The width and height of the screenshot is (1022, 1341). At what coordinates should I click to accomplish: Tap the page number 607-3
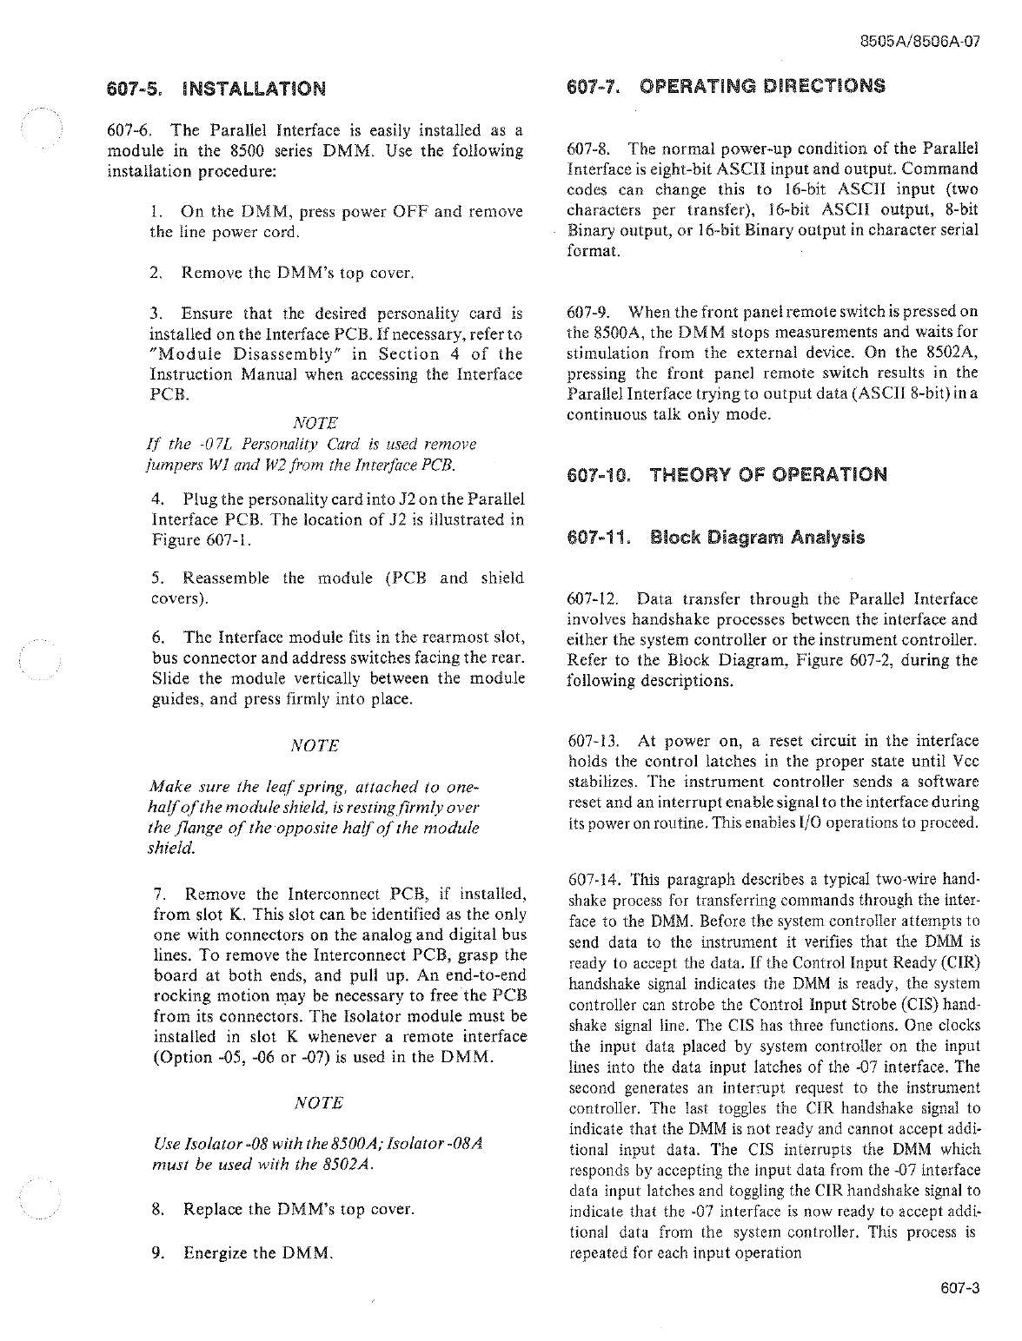959,1288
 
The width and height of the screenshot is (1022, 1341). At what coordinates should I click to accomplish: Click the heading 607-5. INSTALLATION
216,89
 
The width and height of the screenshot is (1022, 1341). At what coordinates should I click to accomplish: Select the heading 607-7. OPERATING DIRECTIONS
726,86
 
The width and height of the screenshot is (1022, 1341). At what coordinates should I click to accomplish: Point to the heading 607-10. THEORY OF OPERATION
727,475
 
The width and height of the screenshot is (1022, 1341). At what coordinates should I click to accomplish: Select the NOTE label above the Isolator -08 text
319,1103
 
